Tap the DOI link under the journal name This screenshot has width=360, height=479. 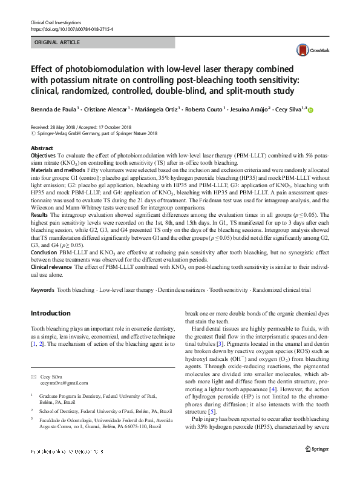click(71, 28)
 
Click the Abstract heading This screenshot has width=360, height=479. click(42, 148)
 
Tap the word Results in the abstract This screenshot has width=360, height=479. click(39, 215)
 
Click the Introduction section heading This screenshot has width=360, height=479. click(50, 313)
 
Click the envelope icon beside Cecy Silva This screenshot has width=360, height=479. click(33, 375)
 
